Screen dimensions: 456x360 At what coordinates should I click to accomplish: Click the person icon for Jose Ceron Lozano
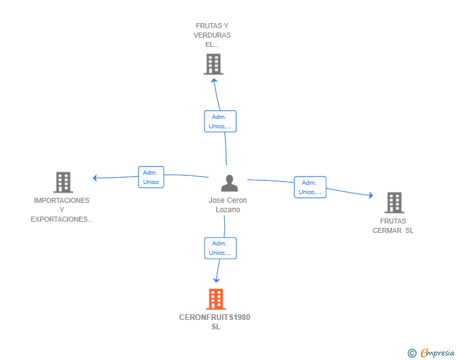[x=229, y=183]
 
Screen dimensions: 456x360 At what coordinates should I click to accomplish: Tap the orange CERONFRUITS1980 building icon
[x=215, y=299]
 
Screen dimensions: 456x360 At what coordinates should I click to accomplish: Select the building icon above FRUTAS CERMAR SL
[x=395, y=203]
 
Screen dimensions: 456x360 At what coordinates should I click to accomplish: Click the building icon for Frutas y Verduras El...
[x=214, y=64]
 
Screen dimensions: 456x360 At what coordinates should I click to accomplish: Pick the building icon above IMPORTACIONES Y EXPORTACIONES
[x=63, y=182]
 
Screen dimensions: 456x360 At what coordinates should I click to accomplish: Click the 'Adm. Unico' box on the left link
[x=151, y=177]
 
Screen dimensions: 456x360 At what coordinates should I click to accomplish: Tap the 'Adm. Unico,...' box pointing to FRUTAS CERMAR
[x=310, y=187]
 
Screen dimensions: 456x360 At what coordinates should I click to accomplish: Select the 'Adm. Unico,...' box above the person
[x=220, y=121]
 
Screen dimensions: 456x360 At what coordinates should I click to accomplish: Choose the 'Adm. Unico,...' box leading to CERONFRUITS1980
[x=220, y=248]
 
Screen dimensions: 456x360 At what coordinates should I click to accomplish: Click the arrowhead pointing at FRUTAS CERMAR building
[x=371, y=195]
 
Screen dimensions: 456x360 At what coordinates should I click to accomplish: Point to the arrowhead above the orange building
[x=216, y=280]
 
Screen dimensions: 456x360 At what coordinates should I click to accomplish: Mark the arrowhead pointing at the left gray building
[x=95, y=178]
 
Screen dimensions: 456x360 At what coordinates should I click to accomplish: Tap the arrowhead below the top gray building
[x=214, y=81]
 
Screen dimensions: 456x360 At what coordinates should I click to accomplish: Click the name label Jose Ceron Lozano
[x=228, y=205]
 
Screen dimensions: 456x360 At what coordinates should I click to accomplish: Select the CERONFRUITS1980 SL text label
[x=215, y=322]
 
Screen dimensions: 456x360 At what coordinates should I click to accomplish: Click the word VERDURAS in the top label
[x=212, y=35]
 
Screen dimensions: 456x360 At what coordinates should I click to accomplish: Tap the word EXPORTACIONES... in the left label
[x=62, y=219]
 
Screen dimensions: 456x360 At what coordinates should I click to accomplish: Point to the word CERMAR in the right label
[x=387, y=230]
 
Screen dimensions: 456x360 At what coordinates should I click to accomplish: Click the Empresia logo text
[x=437, y=352]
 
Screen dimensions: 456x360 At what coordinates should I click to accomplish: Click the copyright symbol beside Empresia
[x=412, y=353]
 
